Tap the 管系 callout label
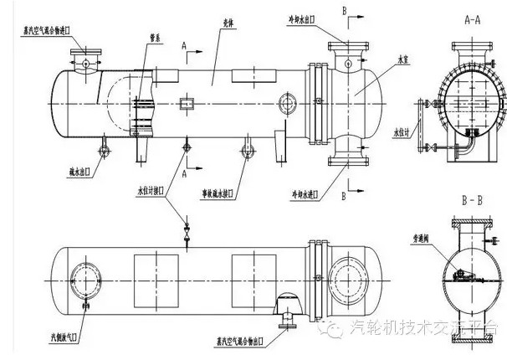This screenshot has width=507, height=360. click(x=154, y=39)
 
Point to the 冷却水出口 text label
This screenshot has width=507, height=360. click(x=301, y=17)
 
